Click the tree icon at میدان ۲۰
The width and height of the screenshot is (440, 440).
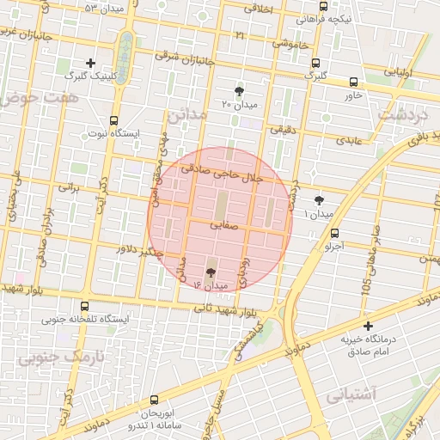click(x=239, y=90)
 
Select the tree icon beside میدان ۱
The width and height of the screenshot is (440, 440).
click(x=320, y=198)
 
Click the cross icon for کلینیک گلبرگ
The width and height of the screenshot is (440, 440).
click(x=90, y=62)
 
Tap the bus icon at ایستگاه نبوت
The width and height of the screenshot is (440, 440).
click(x=114, y=121)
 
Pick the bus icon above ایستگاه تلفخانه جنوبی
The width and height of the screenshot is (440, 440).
click(x=83, y=305)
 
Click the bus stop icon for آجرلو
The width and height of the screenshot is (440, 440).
click(x=334, y=232)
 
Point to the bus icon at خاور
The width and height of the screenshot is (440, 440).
click(x=354, y=82)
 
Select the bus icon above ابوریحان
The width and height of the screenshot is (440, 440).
click(x=154, y=400)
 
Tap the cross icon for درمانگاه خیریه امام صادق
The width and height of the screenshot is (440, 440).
click(x=368, y=326)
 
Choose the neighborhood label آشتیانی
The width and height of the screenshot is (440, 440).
click(x=351, y=394)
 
